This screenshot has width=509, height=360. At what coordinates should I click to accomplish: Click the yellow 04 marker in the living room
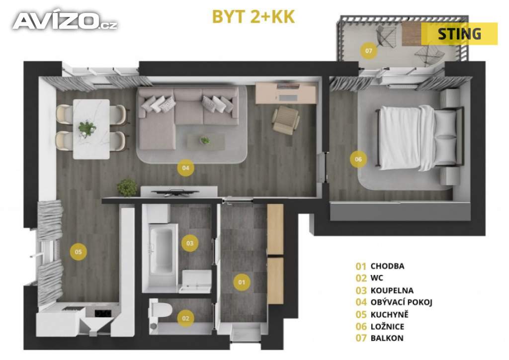coord(185,168)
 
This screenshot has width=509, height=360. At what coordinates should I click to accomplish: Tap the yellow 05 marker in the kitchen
coord(78,252)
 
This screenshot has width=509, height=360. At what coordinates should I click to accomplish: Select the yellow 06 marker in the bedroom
coord(358,159)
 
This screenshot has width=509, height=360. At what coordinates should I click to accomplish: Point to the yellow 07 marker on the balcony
coord(368,51)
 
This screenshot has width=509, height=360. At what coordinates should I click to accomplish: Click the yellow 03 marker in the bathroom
coord(190,243)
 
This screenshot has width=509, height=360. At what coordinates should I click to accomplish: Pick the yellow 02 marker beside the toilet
coord(186,318)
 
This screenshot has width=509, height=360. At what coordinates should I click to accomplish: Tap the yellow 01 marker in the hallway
coord(242,282)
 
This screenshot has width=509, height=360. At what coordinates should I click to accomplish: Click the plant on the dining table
coord(87,128)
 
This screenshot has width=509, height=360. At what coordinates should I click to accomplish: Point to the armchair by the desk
coord(286,119)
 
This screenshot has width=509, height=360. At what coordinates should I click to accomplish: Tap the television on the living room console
coord(175,192)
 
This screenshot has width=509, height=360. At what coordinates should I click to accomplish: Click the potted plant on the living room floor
coord(127,187)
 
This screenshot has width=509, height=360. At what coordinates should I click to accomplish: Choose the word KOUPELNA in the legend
coord(392,290)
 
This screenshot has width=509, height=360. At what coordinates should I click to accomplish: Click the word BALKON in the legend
coord(387,338)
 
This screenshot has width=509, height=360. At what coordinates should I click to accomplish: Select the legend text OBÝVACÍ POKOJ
coord(401,302)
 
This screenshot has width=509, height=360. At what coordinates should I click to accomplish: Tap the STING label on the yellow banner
coord(459,34)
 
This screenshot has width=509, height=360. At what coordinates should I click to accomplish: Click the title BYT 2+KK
coord(253,17)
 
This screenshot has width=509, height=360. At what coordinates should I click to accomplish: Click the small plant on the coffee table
coord(205,140)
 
